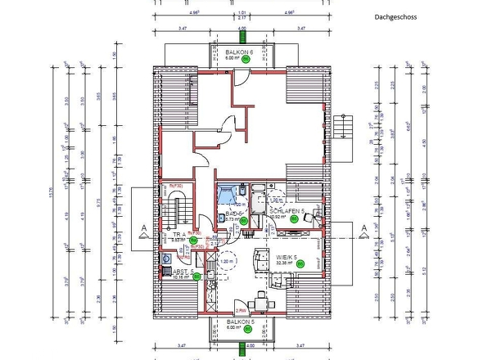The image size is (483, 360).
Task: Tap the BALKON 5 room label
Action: [x=241, y=322]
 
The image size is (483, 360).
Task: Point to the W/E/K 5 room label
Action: [x=286, y=256]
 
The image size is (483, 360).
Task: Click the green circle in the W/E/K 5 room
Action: [x=300, y=263]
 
